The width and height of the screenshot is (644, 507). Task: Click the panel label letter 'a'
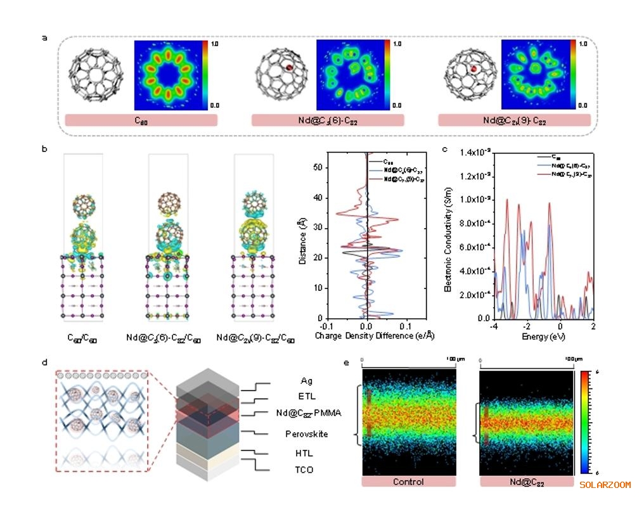44,37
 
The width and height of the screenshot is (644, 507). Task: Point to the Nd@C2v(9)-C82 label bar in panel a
514,120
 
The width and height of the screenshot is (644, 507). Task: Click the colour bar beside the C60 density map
204,75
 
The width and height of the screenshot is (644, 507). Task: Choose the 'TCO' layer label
304,470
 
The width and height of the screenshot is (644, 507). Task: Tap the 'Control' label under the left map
408,482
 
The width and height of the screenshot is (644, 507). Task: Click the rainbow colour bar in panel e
586,421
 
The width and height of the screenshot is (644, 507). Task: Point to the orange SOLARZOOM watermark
605,485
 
